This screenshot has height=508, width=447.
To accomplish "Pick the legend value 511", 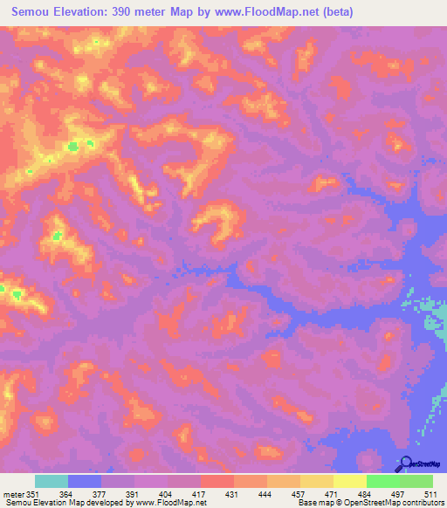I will click(x=429, y=492).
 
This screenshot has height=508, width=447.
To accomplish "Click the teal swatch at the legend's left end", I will click(x=52, y=481).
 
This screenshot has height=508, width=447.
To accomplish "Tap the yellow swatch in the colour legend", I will click(x=349, y=481).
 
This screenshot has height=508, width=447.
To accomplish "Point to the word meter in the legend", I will click(x=12, y=492).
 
